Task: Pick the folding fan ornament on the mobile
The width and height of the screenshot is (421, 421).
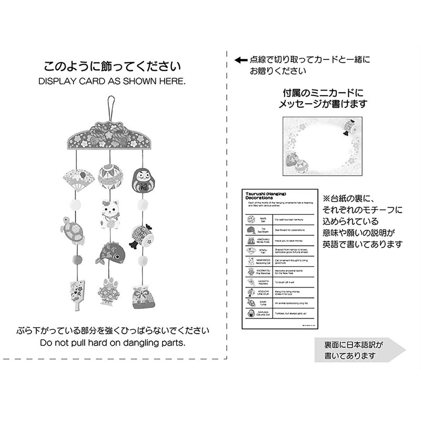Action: [76, 179]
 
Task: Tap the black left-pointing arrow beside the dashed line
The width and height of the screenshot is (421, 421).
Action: [240, 60]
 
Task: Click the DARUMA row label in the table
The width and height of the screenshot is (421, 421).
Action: [263, 313]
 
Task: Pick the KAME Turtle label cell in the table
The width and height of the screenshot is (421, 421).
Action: [263, 303]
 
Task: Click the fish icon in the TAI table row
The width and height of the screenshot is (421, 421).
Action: [251, 230]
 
